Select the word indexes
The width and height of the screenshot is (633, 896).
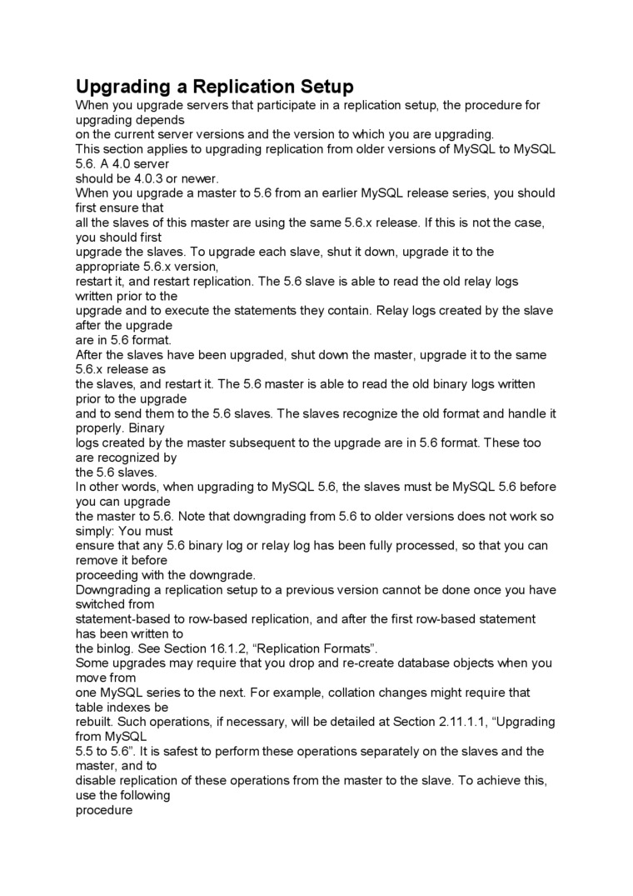tap(127, 707)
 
